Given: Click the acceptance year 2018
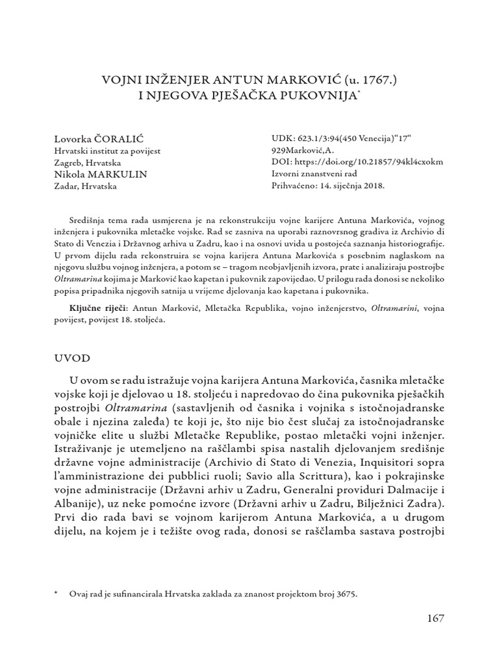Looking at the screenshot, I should coord(374,185).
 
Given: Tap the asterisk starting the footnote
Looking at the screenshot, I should coord(57,594).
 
